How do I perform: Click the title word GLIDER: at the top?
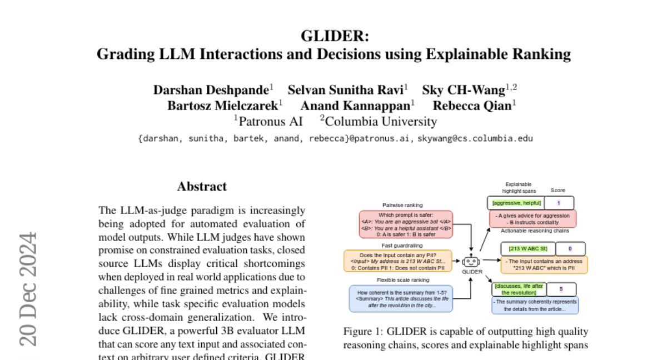333,36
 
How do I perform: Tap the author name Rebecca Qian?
472,106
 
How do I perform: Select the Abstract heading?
202,187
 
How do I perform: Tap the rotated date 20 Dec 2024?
28,289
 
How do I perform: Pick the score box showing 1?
559,203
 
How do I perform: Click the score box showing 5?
561,289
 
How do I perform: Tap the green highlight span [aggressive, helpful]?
516,203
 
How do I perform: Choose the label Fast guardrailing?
402,245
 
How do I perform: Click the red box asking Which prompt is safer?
406,224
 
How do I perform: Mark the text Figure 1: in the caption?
362,332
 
